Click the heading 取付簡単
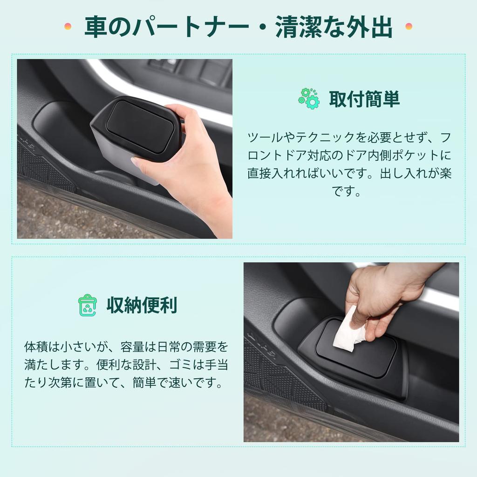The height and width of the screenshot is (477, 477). pyautogui.click(x=364, y=99)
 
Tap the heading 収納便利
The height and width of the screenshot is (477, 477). pyautogui.click(x=142, y=305)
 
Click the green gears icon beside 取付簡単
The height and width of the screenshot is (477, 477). pyautogui.click(x=309, y=98)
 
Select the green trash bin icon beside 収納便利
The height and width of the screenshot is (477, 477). pyautogui.click(x=87, y=305)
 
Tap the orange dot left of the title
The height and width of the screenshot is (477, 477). pyautogui.click(x=68, y=26)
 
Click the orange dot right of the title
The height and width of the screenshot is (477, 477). pyautogui.click(x=409, y=26)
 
